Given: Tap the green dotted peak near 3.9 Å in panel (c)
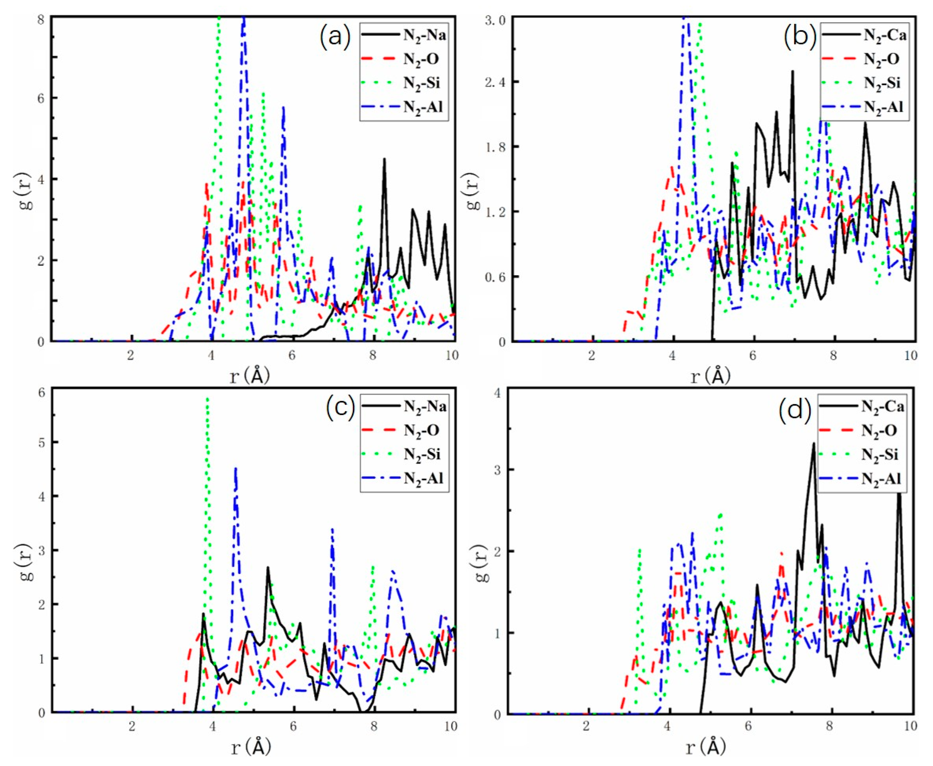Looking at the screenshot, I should (207, 399).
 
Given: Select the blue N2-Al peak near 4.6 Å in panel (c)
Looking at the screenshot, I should (236, 469).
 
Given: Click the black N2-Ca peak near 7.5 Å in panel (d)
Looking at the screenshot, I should (813, 443).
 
